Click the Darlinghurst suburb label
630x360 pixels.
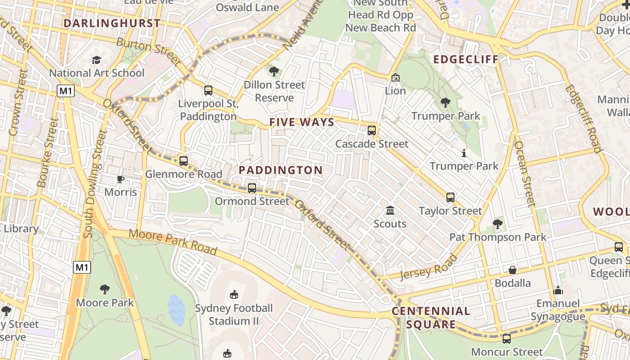112,23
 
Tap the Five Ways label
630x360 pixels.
302,122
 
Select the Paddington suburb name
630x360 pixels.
280,170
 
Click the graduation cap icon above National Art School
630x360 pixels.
96,60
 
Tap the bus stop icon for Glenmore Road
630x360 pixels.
184,161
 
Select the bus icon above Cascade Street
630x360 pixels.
372,130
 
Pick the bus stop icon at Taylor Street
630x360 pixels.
450,198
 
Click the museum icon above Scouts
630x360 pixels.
390,211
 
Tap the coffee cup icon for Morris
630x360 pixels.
121,180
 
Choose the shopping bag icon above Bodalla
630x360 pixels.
513,270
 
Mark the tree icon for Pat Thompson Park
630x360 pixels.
498,224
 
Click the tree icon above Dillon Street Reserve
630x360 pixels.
274,71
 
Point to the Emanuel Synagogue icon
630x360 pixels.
558,290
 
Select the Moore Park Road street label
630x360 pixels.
173,242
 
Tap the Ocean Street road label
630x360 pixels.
525,173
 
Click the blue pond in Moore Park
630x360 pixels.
176,310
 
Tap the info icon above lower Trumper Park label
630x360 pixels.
464,153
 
